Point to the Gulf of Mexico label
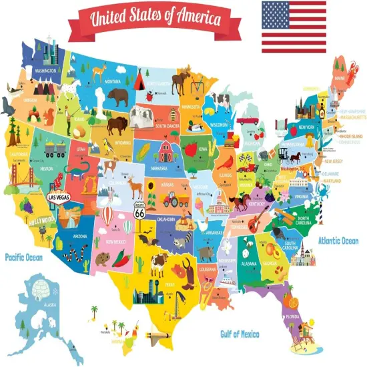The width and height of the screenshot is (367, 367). click(240, 333)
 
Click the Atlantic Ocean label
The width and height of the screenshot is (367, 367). click(338, 241)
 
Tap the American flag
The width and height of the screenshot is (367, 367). click(294, 27)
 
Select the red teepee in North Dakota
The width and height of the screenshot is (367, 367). click(141, 81)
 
